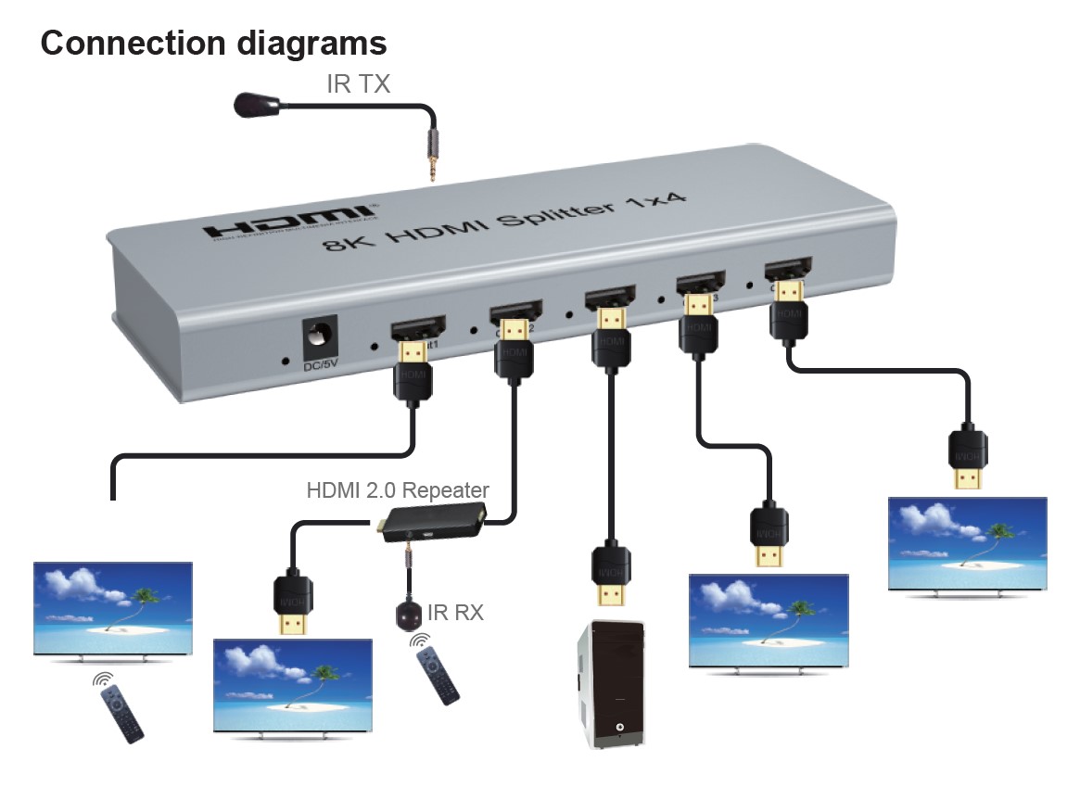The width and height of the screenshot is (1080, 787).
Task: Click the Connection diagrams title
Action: [213, 43]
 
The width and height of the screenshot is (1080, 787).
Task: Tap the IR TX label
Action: [358, 84]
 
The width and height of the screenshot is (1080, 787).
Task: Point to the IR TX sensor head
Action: [252, 104]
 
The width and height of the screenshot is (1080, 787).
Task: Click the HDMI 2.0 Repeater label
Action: [398, 489]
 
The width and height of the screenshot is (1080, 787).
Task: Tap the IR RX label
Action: [455, 612]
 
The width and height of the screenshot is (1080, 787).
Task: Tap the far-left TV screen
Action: [112, 608]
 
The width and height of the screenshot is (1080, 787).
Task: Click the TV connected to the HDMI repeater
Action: [293, 684]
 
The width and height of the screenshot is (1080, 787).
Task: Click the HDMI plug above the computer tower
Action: [612, 574]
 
